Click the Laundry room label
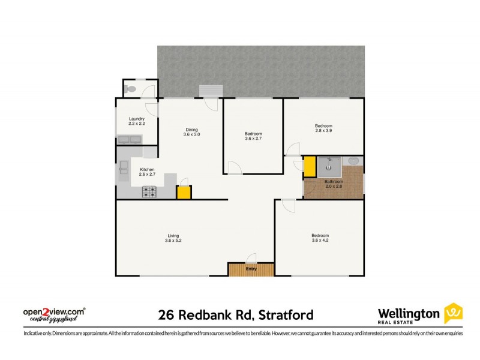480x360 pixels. point(137,121)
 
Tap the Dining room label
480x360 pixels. point(191,132)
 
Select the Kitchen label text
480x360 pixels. point(148,172)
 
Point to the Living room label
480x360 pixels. point(173,238)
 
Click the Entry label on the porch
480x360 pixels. point(251,269)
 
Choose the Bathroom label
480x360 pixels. point(334,184)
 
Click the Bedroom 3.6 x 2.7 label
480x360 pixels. point(253,136)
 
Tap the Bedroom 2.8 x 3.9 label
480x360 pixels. point(324,128)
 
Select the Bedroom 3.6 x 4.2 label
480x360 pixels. point(319,238)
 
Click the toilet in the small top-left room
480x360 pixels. point(131,89)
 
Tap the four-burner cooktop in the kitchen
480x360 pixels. point(149,192)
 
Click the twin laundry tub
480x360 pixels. point(129,140)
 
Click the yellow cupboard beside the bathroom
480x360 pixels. point(310,166)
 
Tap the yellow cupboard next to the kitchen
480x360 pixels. point(184,193)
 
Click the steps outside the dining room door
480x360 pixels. point(210,90)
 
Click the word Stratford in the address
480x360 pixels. point(284,314)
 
